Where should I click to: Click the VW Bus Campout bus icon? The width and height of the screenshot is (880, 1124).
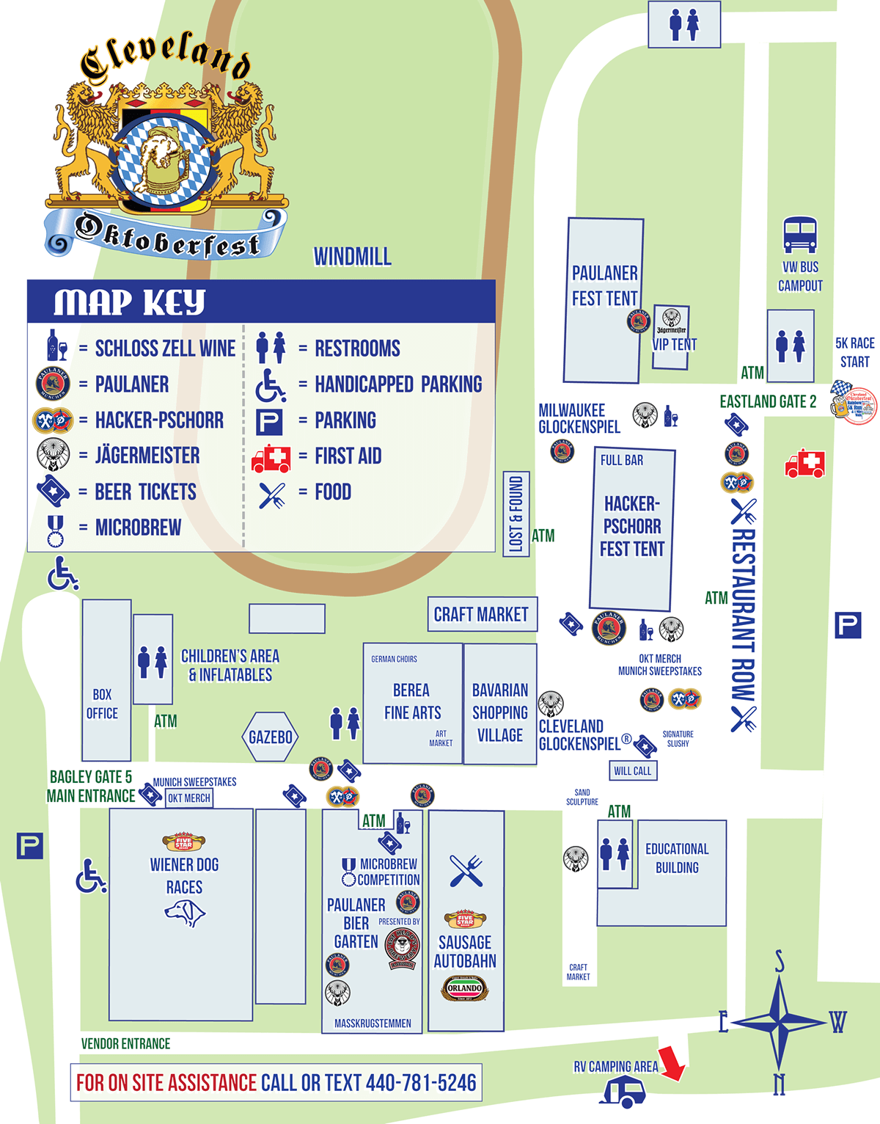point(800,235)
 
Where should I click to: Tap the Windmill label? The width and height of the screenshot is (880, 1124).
point(353,257)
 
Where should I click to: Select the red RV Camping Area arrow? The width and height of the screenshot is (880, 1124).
point(672,1064)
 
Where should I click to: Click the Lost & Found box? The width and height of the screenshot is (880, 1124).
point(516,514)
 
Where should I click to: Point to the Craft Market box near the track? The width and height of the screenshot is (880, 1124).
point(482,615)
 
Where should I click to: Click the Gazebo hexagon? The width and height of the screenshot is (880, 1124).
point(270,737)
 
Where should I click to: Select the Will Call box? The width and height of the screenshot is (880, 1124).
point(632,771)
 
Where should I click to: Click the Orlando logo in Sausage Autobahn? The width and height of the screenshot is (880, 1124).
point(464,988)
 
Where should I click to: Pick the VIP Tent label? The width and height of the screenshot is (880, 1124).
point(675,344)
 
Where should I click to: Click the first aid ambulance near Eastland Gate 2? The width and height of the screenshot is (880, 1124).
point(804,464)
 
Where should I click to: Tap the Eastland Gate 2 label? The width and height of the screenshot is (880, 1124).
point(767,402)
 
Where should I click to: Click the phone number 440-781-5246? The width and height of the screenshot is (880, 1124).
point(421,1083)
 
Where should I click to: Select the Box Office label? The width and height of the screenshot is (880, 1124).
point(102,704)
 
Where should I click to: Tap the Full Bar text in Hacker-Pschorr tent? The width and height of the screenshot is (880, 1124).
point(621,461)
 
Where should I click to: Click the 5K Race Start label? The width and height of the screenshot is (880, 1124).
point(854,352)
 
